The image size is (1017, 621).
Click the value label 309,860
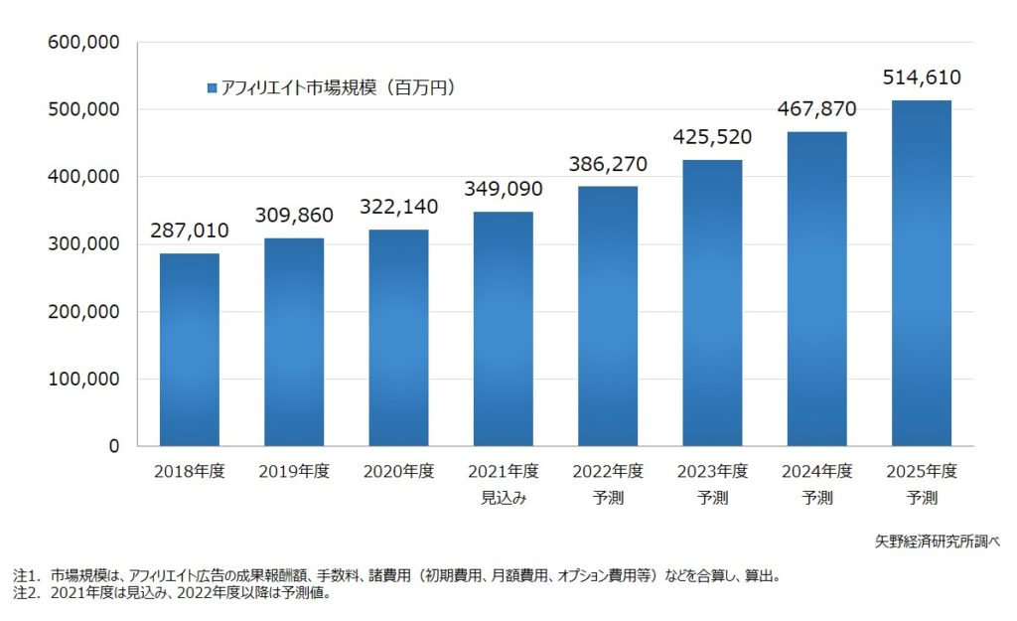[x=294, y=215]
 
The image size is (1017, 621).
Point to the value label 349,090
[x=504, y=187]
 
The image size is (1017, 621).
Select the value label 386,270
[x=608, y=163]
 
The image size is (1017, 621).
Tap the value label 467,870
[x=816, y=108]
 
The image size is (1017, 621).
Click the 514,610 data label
[x=921, y=78]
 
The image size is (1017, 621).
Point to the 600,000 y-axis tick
[x=83, y=43]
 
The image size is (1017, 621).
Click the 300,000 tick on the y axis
[x=83, y=244]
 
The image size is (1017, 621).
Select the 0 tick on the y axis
[x=113, y=447]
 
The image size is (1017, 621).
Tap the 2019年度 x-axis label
[x=294, y=471]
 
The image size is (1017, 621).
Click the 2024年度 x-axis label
[x=816, y=471]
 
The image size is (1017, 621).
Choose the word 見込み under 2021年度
[x=504, y=498]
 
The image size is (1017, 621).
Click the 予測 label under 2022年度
[x=608, y=498]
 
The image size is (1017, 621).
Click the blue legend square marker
[x=212, y=88]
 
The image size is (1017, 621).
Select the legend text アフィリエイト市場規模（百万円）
[x=338, y=88]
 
